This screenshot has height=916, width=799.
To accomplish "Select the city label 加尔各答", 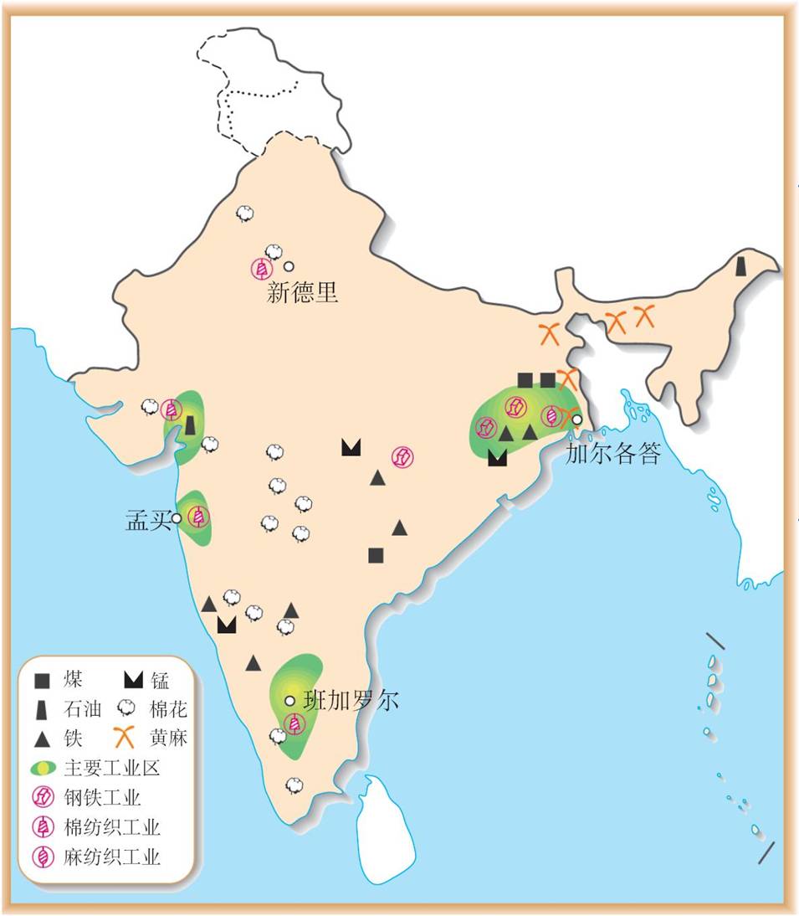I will tap(613, 454).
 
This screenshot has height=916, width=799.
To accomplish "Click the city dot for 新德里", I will tap(289, 267).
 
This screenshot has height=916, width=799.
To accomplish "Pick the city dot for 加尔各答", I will tap(576, 419).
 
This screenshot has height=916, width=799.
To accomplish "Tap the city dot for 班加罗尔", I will tap(289, 700).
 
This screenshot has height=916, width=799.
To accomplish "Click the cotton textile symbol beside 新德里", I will tap(262, 269).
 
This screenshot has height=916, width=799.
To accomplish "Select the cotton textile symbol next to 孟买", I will tap(198, 517).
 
